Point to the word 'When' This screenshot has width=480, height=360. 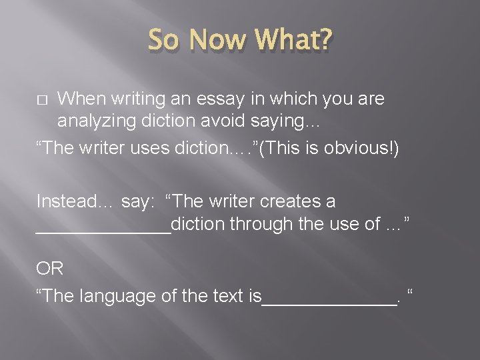(x=81, y=99)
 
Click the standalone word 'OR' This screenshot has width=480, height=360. (x=50, y=269)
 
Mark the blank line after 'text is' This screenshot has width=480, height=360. (x=329, y=303)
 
